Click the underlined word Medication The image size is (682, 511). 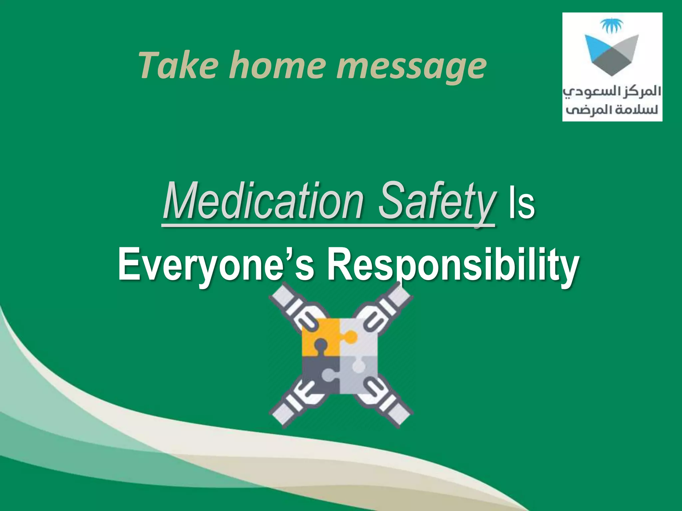[263, 202]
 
